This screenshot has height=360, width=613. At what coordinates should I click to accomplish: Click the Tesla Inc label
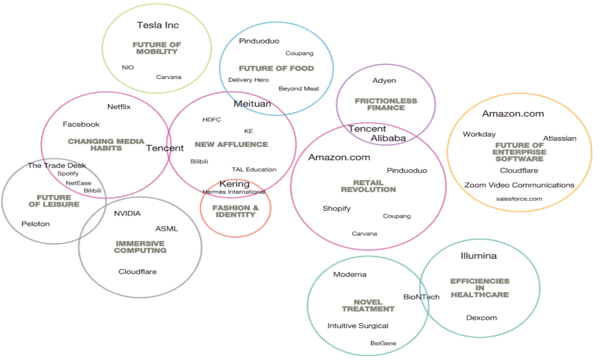point(158,25)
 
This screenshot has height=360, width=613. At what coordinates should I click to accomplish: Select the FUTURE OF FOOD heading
point(276,69)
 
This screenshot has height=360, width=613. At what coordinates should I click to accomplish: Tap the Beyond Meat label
point(299,89)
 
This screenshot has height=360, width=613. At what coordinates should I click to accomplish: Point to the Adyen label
point(384,81)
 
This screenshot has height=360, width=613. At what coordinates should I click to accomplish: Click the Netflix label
point(119,107)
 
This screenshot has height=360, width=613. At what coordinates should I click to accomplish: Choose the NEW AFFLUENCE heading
point(231,144)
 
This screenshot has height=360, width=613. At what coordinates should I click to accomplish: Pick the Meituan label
point(252,104)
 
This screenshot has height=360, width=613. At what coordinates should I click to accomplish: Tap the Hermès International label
point(234,192)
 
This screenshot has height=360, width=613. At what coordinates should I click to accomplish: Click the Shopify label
point(336,209)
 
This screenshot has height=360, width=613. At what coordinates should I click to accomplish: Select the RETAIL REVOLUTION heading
point(368,186)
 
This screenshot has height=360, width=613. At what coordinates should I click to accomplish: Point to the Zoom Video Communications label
point(519,185)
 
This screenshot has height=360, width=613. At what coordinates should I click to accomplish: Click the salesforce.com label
point(519,198)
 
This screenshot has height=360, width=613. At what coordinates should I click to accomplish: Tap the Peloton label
point(35,224)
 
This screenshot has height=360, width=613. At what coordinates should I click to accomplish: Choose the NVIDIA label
point(127,213)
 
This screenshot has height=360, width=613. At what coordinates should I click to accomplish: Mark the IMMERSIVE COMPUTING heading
point(140,247)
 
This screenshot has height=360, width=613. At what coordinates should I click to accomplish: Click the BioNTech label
point(421,297)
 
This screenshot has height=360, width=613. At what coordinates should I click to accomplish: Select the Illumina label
point(478,256)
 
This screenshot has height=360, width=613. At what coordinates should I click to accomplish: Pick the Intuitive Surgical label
point(358,326)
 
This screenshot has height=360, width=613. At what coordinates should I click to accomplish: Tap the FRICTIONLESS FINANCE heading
point(386,105)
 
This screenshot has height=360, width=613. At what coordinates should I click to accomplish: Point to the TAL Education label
point(254,170)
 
